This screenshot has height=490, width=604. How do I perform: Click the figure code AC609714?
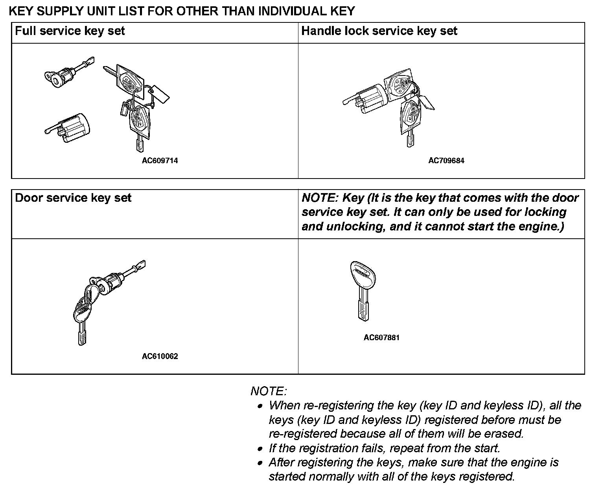click(160, 160)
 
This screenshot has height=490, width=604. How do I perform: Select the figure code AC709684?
click(446, 160)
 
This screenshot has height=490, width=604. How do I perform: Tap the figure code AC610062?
click(160, 356)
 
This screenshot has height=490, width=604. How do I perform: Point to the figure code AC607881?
click(381, 337)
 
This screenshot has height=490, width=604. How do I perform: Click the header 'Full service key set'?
click(70, 31)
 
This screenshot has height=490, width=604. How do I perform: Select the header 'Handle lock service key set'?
click(379, 31)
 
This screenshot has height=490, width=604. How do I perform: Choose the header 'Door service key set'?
click(73, 198)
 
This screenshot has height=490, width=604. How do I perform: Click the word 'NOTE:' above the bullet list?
click(269, 391)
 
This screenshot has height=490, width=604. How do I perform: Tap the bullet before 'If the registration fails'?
click(260, 449)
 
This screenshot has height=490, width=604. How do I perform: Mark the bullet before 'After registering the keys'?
click(260, 463)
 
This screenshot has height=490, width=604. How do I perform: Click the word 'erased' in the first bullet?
click(504, 434)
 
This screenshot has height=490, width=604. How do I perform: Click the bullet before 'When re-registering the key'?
click(260, 406)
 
